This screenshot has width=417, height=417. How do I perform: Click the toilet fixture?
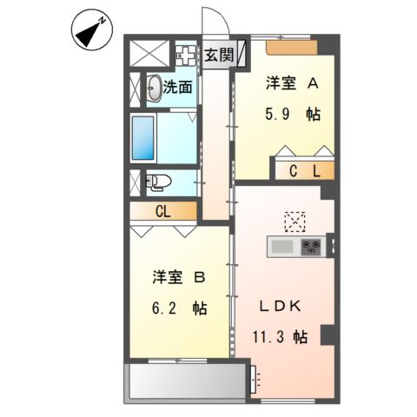(x=157, y=182)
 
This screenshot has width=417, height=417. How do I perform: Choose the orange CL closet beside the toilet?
(x=163, y=209)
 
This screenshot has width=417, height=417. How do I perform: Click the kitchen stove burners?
(x=311, y=248)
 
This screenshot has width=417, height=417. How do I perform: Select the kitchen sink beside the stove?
(x=283, y=248)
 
